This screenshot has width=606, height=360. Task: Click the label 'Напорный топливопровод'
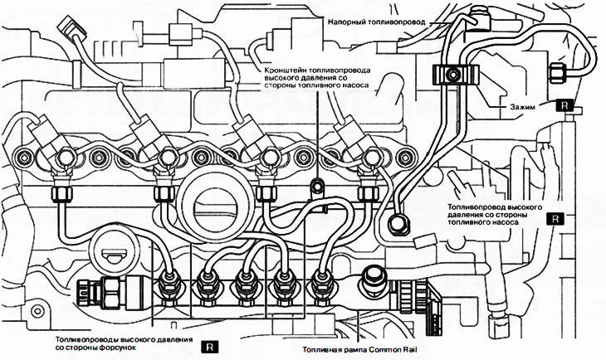tap(376, 22)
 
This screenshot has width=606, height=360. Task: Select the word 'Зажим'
tap(523, 107)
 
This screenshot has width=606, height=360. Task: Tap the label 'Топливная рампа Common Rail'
tap(360, 350)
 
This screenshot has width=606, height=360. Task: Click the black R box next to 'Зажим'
tap(564, 105)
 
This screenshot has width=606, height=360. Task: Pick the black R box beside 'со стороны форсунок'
tap(209, 347)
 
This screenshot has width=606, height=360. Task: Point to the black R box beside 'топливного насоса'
tap(555, 219)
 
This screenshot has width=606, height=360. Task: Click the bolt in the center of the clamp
tap(452, 74)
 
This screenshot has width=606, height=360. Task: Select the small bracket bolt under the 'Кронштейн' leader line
tap(317, 186)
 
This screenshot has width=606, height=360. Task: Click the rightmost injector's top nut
tap(371, 158)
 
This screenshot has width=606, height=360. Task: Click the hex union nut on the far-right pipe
tap(558, 71)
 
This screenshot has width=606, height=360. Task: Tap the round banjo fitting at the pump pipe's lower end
tap(398, 224)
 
